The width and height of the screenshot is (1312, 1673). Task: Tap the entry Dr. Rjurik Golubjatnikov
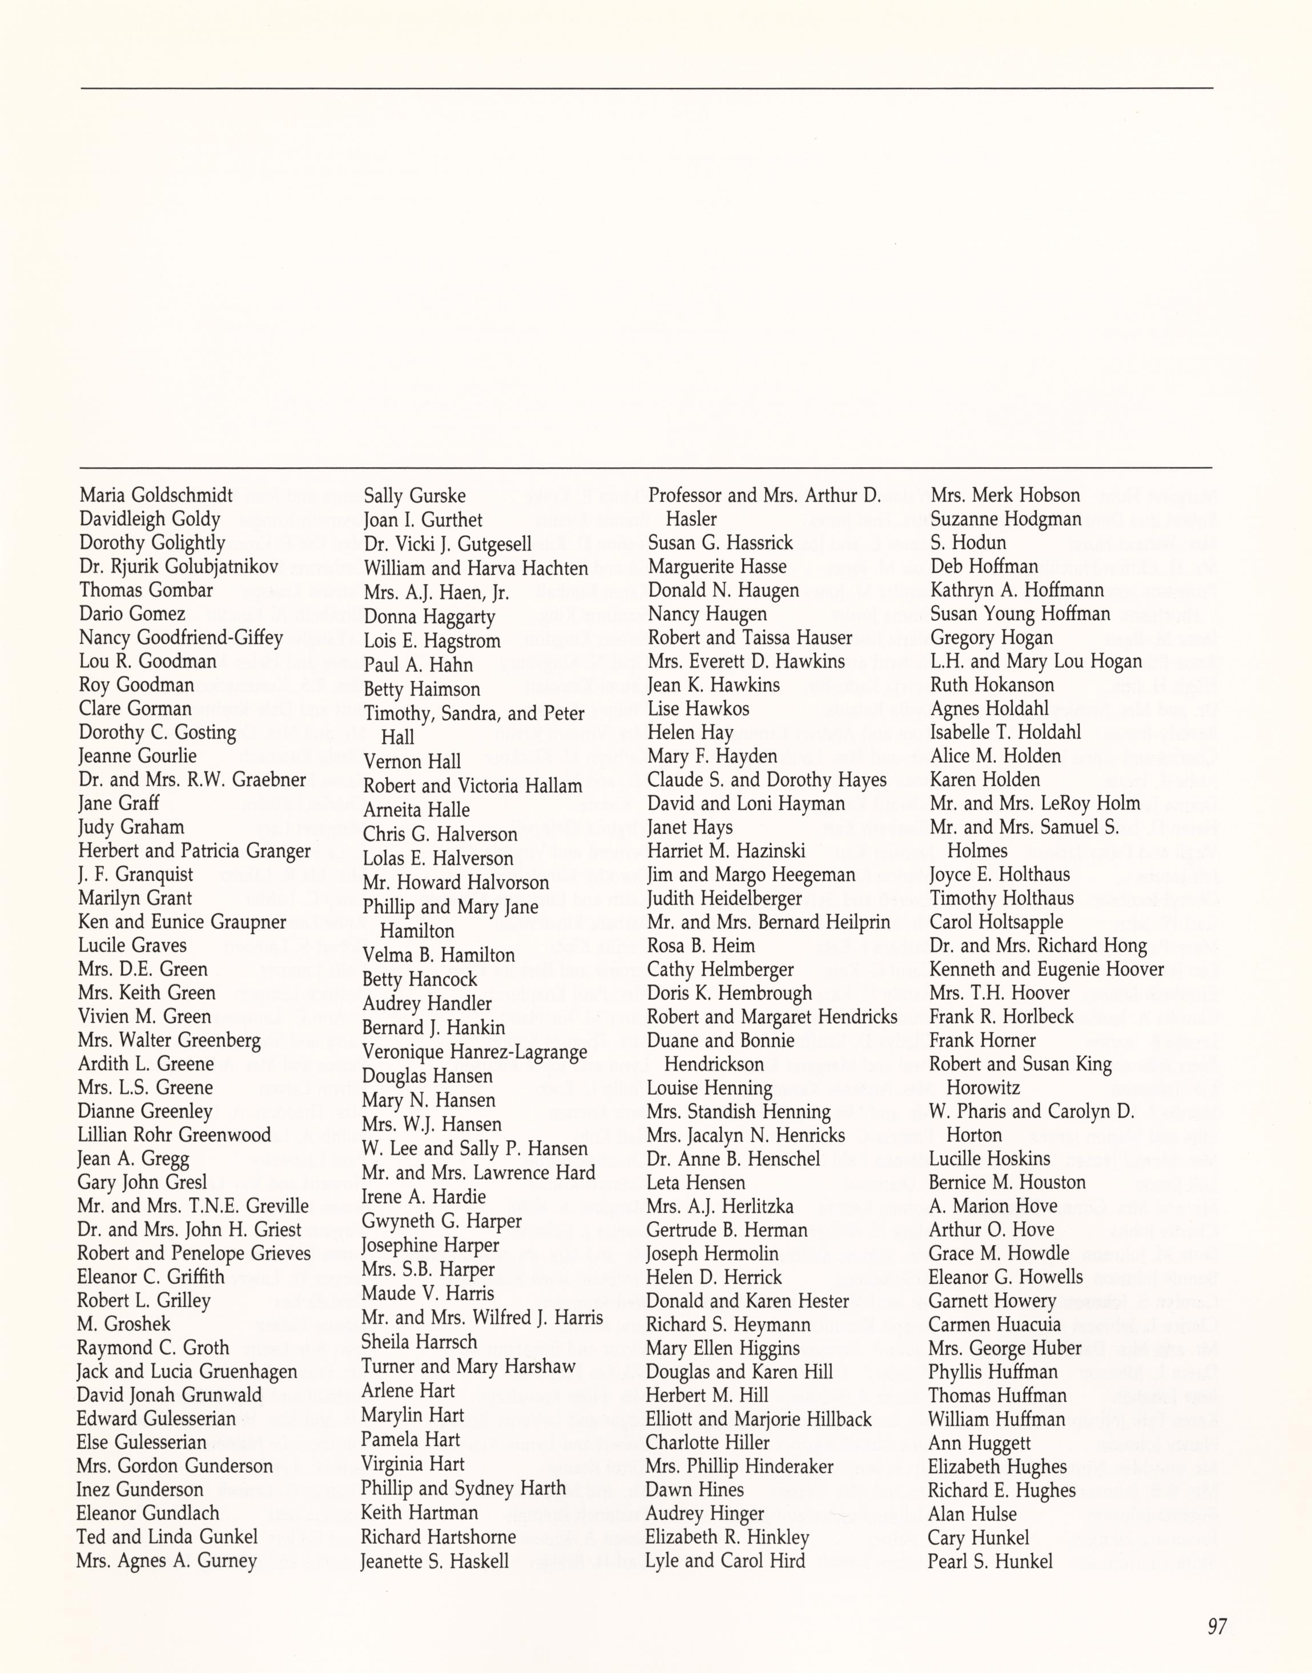click(x=178, y=567)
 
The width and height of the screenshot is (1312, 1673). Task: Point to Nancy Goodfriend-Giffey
click(x=180, y=638)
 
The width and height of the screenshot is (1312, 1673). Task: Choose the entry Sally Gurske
click(x=415, y=496)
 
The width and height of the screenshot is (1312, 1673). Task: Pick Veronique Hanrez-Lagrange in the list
click(x=474, y=1052)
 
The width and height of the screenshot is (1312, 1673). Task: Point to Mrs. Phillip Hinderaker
click(x=739, y=1466)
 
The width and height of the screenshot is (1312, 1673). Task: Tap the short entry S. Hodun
click(x=968, y=542)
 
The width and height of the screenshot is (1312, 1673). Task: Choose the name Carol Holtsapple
click(x=996, y=922)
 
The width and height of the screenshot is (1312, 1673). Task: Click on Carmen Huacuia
click(x=994, y=1324)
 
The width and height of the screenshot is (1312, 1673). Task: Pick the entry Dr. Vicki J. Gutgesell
click(x=448, y=544)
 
